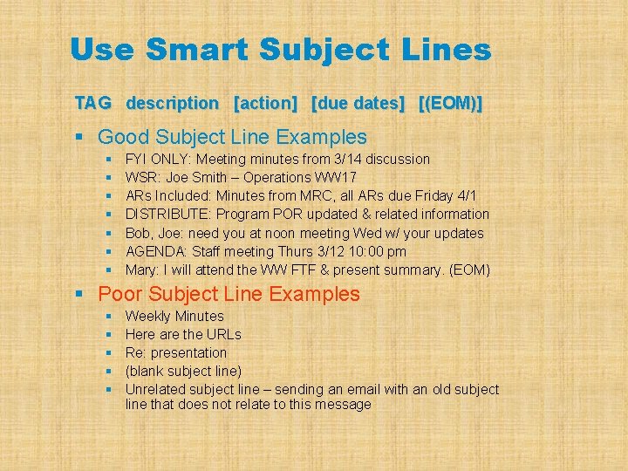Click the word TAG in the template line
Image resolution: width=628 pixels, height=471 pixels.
tap(93, 103)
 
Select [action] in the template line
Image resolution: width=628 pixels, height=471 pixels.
tap(266, 103)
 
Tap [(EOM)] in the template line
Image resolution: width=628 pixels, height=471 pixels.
tap(450, 103)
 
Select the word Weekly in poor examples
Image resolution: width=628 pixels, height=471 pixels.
tap(148, 316)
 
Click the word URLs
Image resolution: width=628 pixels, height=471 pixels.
tap(224, 334)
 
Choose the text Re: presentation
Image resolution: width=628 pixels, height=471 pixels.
tap(176, 352)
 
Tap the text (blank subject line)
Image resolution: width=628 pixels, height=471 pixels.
tap(184, 371)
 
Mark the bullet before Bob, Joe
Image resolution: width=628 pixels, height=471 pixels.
tap(109, 233)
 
